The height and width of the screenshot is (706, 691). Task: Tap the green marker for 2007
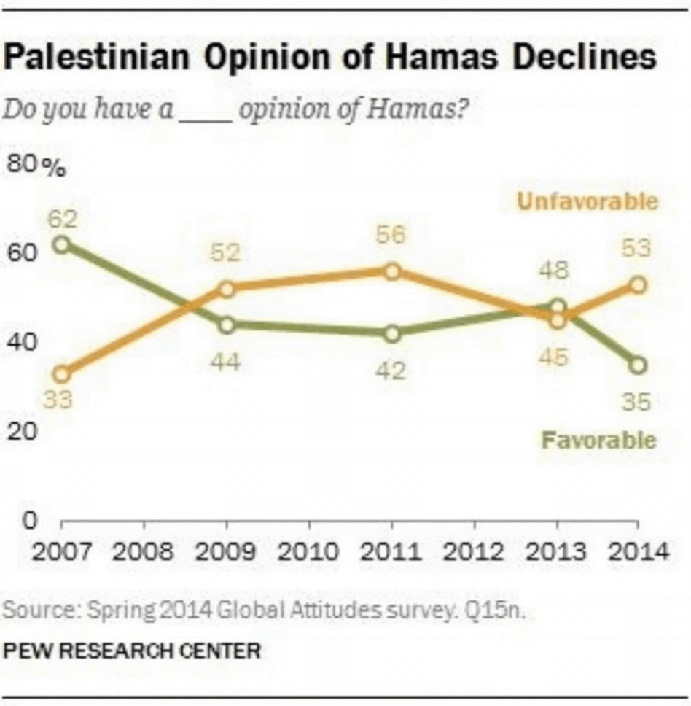pos(62,244)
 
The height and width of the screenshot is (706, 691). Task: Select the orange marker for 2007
pos(62,374)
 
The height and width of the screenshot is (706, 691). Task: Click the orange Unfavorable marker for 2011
pos(392,271)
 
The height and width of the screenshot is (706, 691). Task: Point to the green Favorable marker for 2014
pos(638,365)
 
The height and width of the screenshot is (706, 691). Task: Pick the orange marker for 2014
pos(638,284)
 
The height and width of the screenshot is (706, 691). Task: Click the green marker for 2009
pos(227,325)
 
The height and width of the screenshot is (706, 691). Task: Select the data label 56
pos(391,236)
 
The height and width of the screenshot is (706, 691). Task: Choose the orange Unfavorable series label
pos(587,201)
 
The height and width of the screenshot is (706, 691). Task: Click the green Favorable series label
pos(598,441)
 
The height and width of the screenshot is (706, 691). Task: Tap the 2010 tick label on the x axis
pos(309,551)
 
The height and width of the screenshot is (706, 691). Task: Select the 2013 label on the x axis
pos(556,551)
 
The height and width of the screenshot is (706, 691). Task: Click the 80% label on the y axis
pos(35,166)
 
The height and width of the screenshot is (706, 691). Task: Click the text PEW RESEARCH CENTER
pos(131,649)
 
